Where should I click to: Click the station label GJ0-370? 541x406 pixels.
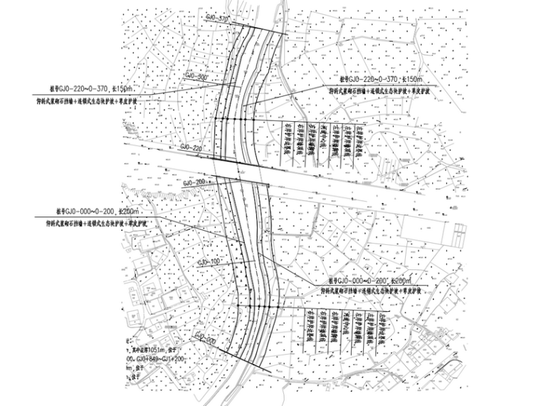click(216, 17)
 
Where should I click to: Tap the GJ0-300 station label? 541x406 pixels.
click(197, 76)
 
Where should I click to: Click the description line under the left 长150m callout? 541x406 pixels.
click(92, 102)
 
